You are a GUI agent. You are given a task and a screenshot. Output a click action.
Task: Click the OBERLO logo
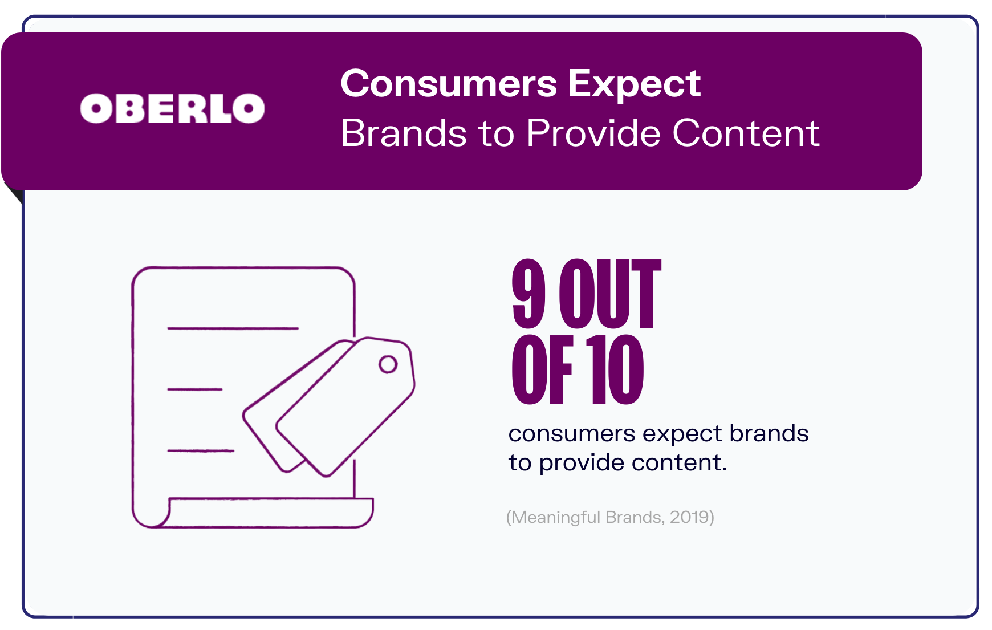[x=172, y=108]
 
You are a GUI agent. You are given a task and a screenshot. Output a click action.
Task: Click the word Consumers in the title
[x=448, y=83]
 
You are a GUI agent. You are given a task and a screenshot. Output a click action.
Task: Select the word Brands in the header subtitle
[x=404, y=133]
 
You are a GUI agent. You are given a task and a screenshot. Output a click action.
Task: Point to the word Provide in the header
[x=593, y=133]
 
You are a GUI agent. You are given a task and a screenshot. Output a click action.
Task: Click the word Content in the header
[x=746, y=133]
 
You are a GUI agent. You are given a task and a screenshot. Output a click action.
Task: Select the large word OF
[x=542, y=369]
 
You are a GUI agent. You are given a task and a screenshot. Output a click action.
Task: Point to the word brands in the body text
[x=769, y=433]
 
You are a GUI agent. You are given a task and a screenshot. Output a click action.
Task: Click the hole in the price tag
[x=388, y=364]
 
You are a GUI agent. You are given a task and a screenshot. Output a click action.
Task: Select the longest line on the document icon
[x=233, y=328]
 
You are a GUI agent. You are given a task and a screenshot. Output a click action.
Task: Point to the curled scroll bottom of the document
[x=254, y=513]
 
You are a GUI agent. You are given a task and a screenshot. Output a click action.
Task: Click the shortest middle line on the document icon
[x=195, y=389]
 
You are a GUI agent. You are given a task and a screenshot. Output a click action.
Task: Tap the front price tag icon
[x=345, y=407]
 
